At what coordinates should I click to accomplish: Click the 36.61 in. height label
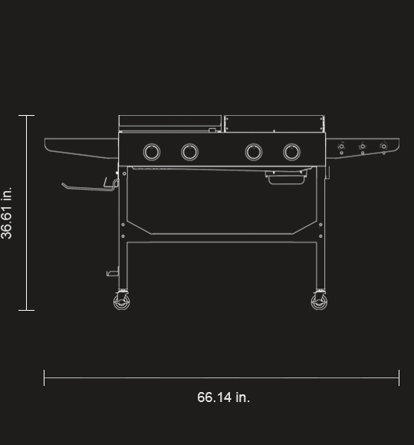pos(7,213)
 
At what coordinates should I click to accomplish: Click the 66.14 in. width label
pos(223,397)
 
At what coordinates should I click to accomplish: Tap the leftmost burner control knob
pos(152,152)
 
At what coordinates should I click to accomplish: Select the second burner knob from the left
pos(189,152)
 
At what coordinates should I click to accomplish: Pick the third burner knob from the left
pos(254,152)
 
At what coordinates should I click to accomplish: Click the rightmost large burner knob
pos(292,152)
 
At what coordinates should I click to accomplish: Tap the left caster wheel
pos(122,302)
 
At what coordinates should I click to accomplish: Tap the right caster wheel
pos(319,302)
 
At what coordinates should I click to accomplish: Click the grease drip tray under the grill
pos(286,177)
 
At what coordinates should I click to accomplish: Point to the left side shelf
pos(81,148)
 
